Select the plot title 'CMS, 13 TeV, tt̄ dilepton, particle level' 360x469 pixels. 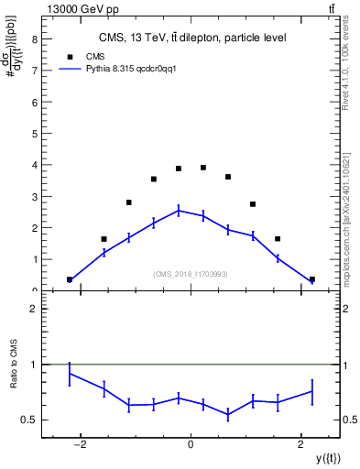[193, 38]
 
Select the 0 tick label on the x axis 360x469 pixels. [191, 446]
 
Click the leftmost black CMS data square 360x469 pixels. [70, 279]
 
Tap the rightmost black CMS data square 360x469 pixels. [312, 279]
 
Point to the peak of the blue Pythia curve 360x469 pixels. [179, 210]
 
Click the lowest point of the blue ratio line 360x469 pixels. [228, 415]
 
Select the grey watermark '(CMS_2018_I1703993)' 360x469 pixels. [191, 274]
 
